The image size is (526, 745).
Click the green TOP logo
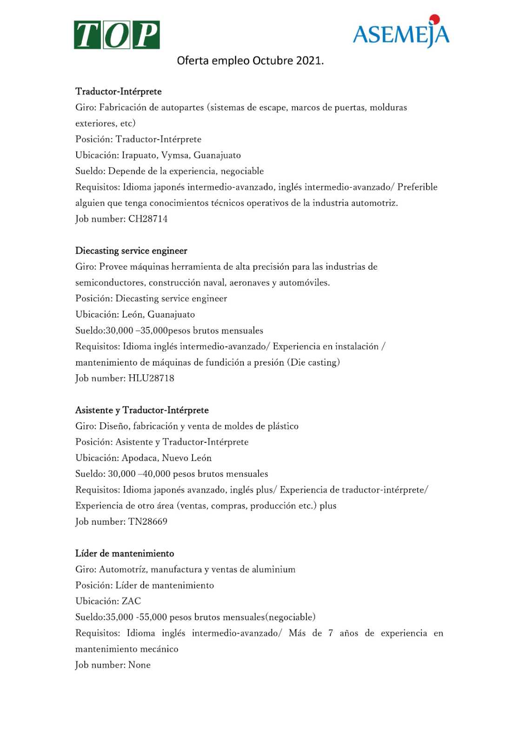coord(117,35)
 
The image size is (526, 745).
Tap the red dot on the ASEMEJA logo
coord(434,19)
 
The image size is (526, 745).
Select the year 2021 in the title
coord(309,61)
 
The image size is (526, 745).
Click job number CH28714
coord(148,219)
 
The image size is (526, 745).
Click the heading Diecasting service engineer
coord(131,251)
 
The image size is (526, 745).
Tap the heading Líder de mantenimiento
coord(125,553)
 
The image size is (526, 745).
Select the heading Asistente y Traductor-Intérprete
coord(142,410)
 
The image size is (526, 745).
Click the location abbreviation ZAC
coord(131,601)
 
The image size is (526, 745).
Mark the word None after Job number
coord(140,665)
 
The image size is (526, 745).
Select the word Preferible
coord(417,187)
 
